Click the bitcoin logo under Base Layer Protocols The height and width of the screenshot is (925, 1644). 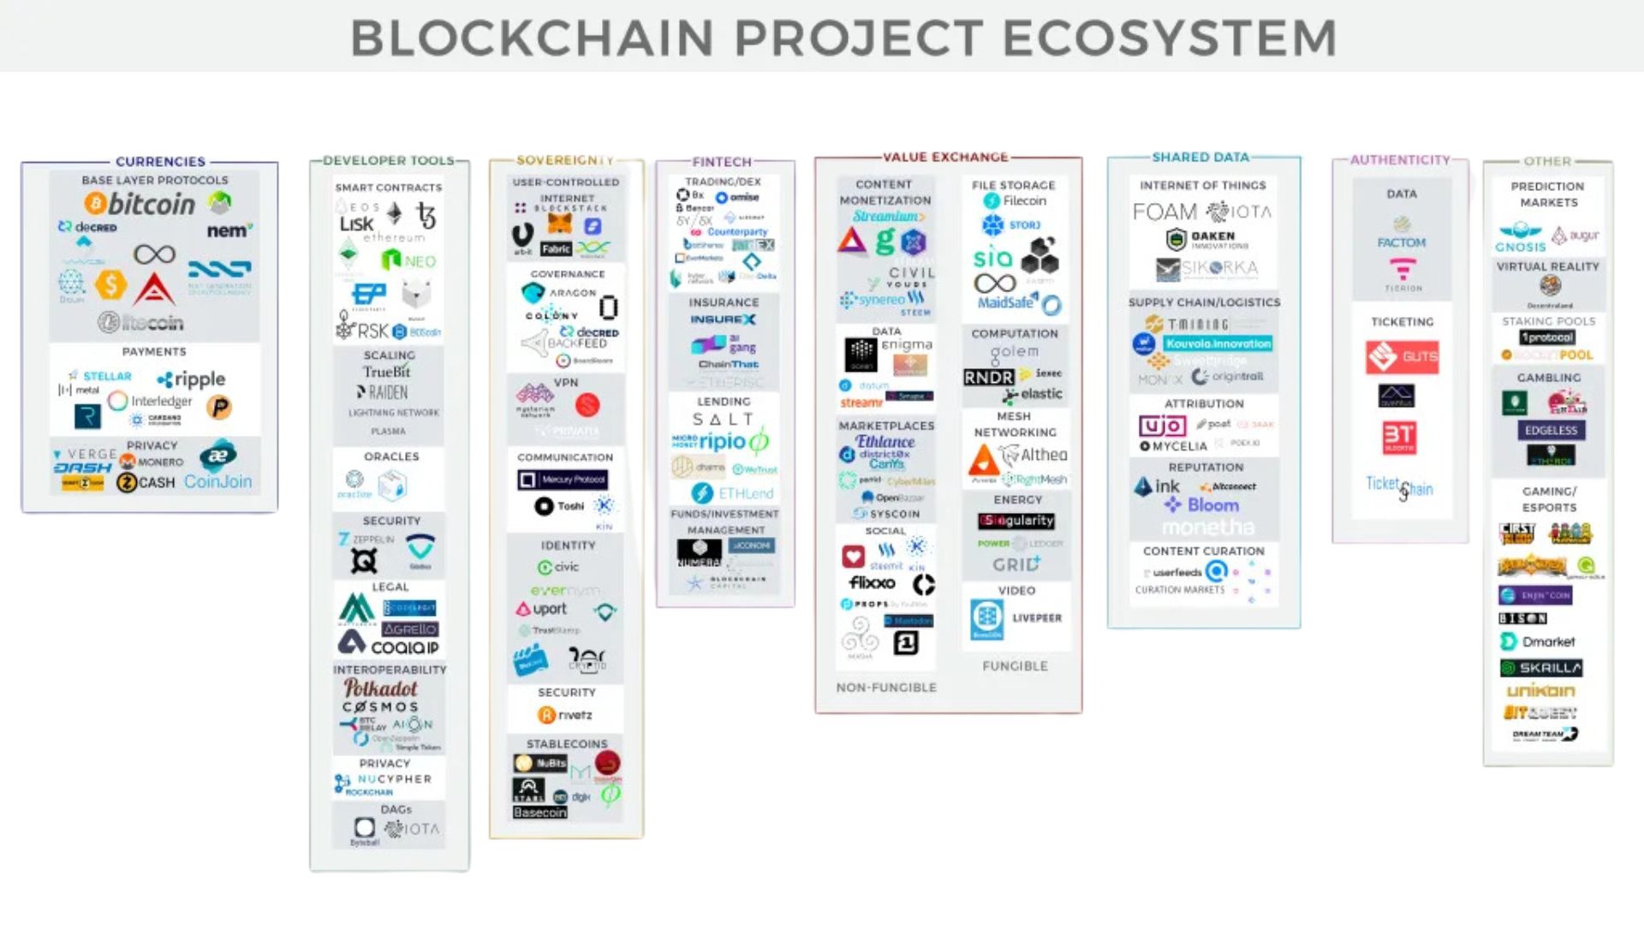click(x=140, y=204)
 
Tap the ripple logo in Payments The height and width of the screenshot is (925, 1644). click(x=192, y=379)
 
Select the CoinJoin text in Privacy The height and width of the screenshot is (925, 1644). click(x=217, y=482)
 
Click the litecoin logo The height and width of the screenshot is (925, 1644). click(x=140, y=323)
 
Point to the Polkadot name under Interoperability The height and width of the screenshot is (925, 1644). click(x=380, y=689)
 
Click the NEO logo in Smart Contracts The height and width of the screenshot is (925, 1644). click(x=409, y=260)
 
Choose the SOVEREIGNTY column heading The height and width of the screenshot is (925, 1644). click(x=565, y=160)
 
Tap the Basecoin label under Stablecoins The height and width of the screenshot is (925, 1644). click(x=539, y=813)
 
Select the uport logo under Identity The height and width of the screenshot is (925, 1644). click(x=541, y=609)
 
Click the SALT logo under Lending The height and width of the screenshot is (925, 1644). click(x=723, y=420)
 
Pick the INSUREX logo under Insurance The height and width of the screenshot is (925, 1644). click(x=723, y=319)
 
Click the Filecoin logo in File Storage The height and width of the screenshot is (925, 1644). click(x=1016, y=201)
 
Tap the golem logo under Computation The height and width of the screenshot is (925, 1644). click(x=1015, y=352)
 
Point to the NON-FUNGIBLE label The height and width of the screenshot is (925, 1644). click(x=886, y=688)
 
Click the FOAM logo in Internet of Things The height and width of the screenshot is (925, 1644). click(x=1164, y=212)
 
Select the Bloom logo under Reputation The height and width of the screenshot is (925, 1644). click(x=1202, y=505)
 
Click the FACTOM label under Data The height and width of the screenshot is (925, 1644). click(x=1402, y=243)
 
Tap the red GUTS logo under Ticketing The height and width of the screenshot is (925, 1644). click(x=1402, y=356)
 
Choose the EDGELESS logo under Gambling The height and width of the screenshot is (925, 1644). click(x=1551, y=431)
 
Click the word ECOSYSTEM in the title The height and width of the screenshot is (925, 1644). click(x=1170, y=39)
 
